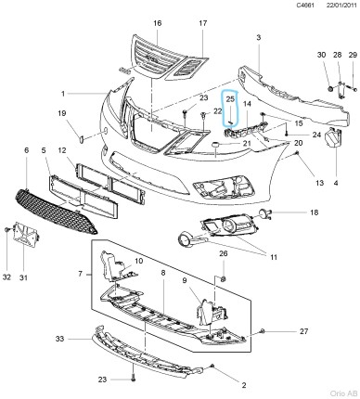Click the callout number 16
pos(157,22)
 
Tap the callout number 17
pos(203,22)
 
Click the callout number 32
pos(7,277)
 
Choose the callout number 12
pos(62,150)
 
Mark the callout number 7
pos(80,276)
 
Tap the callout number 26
pos(224,253)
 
